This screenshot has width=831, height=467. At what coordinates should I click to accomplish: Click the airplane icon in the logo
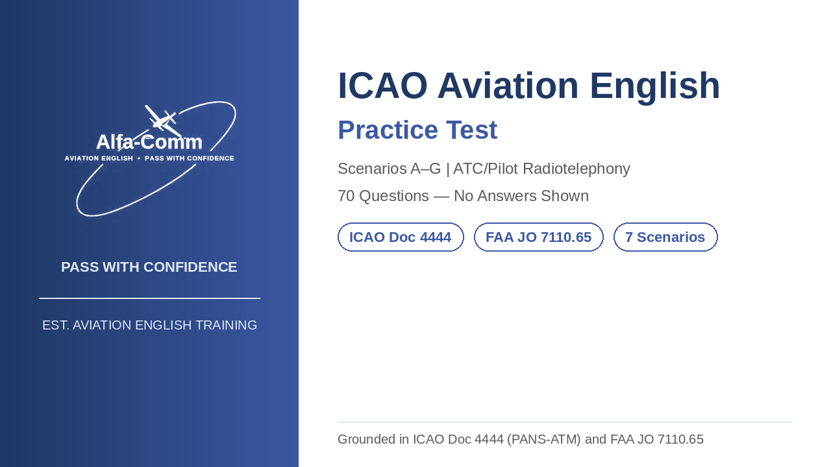(162, 121)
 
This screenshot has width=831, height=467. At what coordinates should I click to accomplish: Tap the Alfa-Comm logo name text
(149, 142)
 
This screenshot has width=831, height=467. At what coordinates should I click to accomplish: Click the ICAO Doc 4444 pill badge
(401, 237)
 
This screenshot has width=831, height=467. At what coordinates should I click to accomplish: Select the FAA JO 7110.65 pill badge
(539, 237)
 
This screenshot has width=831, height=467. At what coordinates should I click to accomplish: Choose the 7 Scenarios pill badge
(665, 237)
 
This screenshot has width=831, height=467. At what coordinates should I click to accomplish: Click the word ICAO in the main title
(382, 86)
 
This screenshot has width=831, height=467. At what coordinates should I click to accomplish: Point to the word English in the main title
(655, 86)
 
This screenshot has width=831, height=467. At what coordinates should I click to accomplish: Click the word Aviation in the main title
(508, 86)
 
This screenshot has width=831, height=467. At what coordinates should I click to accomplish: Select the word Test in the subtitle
(471, 130)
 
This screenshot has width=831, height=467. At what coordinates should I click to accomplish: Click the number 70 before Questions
(346, 196)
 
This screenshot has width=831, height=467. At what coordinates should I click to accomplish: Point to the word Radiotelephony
(577, 169)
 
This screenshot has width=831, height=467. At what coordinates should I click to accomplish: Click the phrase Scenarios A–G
(389, 169)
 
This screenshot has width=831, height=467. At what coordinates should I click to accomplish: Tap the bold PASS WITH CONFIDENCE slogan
(149, 267)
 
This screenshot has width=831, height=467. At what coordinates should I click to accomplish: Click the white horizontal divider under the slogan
(149, 298)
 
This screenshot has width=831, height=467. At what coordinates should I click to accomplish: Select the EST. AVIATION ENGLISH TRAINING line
(149, 325)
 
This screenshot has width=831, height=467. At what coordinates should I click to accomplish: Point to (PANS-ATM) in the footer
(543, 439)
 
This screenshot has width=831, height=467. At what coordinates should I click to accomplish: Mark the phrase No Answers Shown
(521, 196)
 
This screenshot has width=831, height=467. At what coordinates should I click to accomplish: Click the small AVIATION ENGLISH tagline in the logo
(99, 158)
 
